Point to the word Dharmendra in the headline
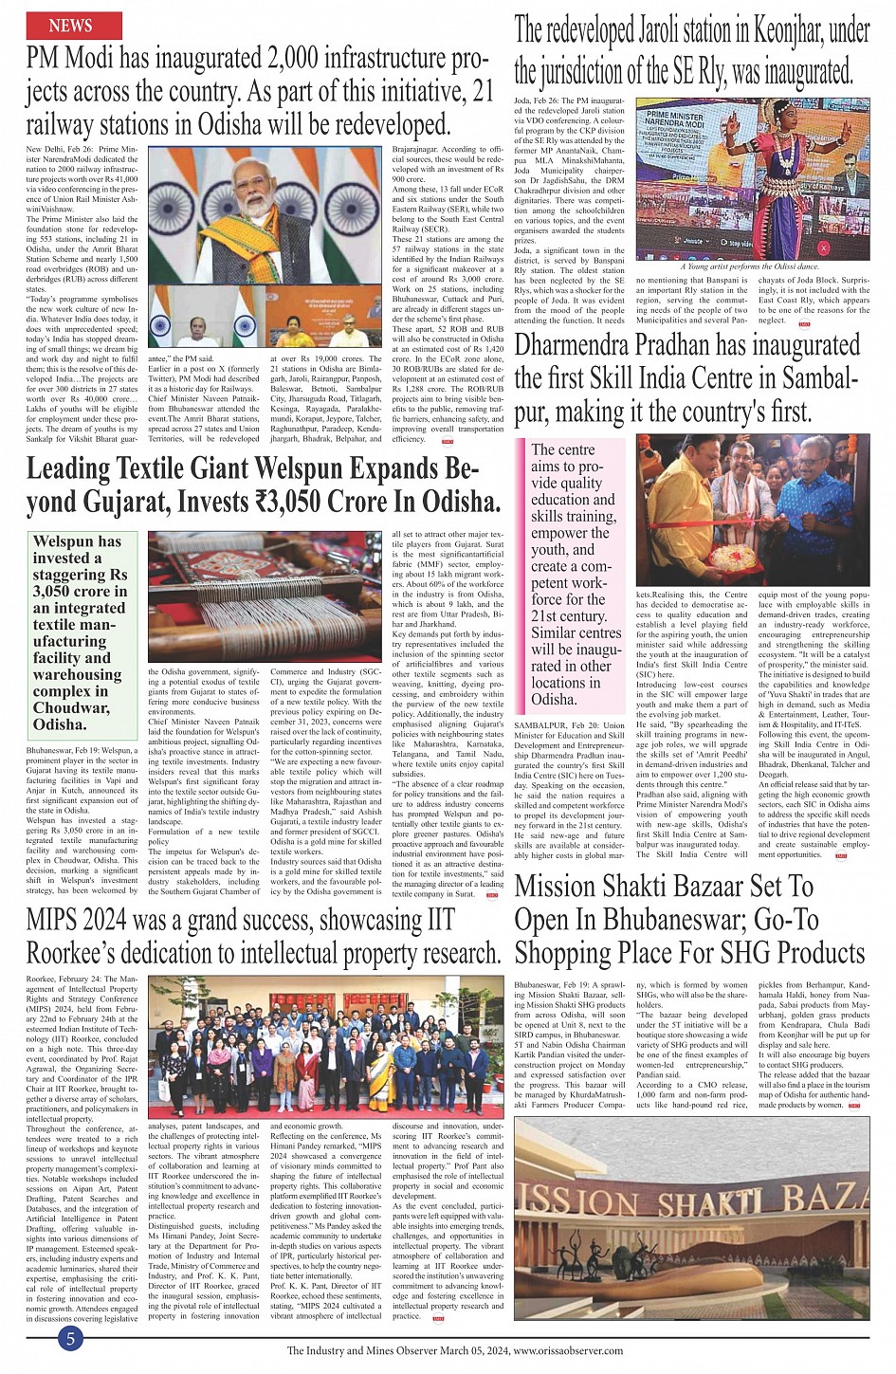pos(577,348)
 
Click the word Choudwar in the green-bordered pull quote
pos(70,707)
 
